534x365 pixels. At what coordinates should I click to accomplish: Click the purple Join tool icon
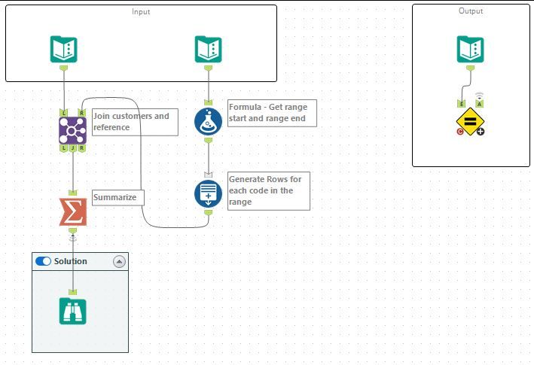[x=72, y=130]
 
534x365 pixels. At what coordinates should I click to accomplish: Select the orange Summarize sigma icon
[x=73, y=212]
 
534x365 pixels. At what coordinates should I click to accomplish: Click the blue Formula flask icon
[x=208, y=121]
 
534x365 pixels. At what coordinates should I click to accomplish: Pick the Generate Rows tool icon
[x=208, y=194]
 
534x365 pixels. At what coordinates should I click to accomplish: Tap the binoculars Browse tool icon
[x=72, y=311]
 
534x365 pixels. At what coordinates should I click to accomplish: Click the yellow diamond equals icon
[x=470, y=121]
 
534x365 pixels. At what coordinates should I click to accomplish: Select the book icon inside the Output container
[x=470, y=50]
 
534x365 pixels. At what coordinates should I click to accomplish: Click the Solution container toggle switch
[x=43, y=261]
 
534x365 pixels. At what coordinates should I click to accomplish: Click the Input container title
[x=141, y=11]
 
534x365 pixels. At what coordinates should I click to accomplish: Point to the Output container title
[x=471, y=11]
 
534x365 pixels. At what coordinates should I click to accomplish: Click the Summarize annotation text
[x=114, y=197]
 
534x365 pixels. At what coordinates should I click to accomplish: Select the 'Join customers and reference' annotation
[x=135, y=122]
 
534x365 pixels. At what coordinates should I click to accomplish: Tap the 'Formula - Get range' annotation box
[x=272, y=113]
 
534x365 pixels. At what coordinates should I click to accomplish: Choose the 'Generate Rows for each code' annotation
[x=269, y=191]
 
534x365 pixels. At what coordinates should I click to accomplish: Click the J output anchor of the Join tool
[x=73, y=148]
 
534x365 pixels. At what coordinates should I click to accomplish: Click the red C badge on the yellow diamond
[x=460, y=132]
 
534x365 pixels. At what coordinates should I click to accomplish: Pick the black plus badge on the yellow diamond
[x=481, y=132]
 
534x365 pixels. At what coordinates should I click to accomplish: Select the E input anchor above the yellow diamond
[x=462, y=104]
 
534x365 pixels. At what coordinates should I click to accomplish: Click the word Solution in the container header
[x=71, y=261]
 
